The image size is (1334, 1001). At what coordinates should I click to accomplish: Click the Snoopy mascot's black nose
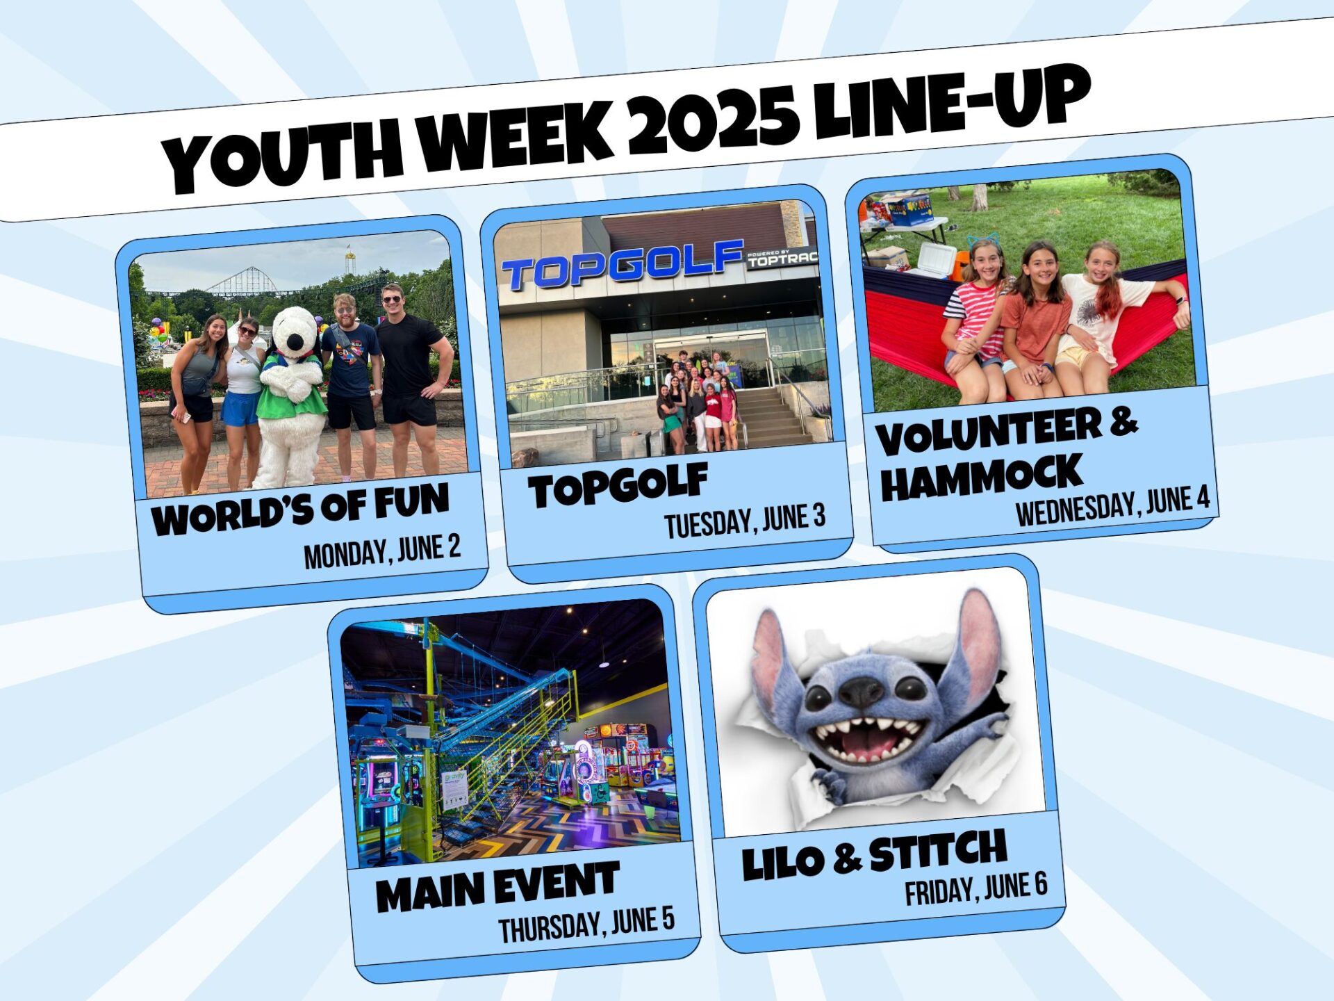pyautogui.click(x=295, y=343)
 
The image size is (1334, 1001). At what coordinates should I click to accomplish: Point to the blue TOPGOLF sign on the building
pyautogui.click(x=622, y=265)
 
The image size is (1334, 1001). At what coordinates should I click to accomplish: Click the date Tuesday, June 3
pyautogui.click(x=745, y=521)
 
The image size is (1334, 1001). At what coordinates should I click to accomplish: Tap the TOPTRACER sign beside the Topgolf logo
pyautogui.click(x=782, y=258)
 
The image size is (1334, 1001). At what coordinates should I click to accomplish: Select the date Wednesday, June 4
pyautogui.click(x=1112, y=505)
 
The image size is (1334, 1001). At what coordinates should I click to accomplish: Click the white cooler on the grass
pyautogui.click(x=935, y=259)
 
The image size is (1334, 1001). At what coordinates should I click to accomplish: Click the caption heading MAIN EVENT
pyautogui.click(x=497, y=887)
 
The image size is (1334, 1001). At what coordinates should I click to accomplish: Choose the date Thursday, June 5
pyautogui.click(x=586, y=925)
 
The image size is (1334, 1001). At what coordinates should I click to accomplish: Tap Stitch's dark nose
pyautogui.click(x=860, y=691)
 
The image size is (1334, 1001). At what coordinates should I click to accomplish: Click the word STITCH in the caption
pyautogui.click(x=938, y=851)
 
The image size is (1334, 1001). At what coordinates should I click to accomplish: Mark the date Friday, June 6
pyautogui.click(x=975, y=889)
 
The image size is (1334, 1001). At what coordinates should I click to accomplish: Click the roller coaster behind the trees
pyautogui.click(x=243, y=282)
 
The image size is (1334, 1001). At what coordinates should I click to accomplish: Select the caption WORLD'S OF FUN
pyautogui.click(x=300, y=510)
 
